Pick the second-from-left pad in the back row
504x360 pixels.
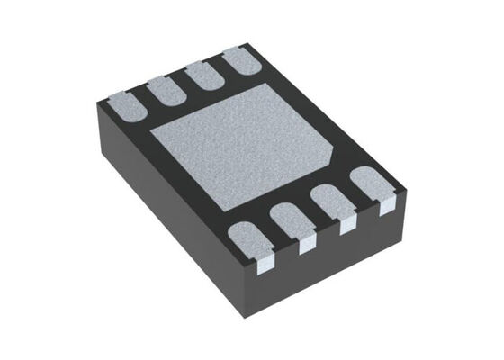[165, 90]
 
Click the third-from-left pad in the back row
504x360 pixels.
[202, 76]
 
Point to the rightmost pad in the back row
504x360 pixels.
[239, 62]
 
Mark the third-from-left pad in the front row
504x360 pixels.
[329, 202]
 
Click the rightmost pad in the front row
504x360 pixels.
[369, 182]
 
